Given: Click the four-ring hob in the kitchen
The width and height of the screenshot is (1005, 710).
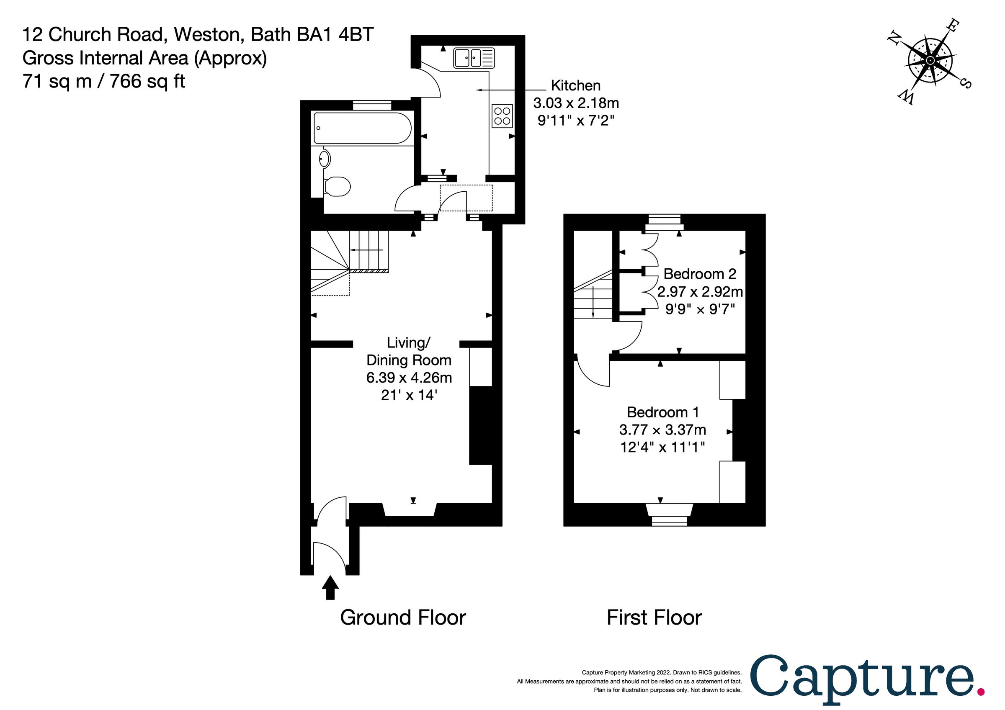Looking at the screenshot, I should tap(502, 116).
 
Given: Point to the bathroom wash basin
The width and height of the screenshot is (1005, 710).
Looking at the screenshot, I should tap(325, 158).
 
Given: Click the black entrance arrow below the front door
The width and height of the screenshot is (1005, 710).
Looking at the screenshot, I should tap(330, 587).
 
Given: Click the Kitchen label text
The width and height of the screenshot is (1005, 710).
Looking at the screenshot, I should tap(575, 85).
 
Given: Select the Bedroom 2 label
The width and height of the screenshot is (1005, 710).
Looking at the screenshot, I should tap(699, 274).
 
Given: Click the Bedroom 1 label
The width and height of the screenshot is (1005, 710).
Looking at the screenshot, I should tap(662, 412).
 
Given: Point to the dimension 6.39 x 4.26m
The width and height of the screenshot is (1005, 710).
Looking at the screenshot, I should tap(409, 378).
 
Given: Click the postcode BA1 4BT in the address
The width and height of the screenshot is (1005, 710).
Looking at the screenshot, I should tap(335, 35).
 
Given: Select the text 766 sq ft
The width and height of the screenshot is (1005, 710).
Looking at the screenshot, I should tap(147, 81).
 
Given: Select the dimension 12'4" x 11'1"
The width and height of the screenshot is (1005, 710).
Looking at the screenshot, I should tap(662, 448).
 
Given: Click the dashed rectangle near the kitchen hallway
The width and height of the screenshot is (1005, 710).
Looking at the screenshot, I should tap(466, 198).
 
